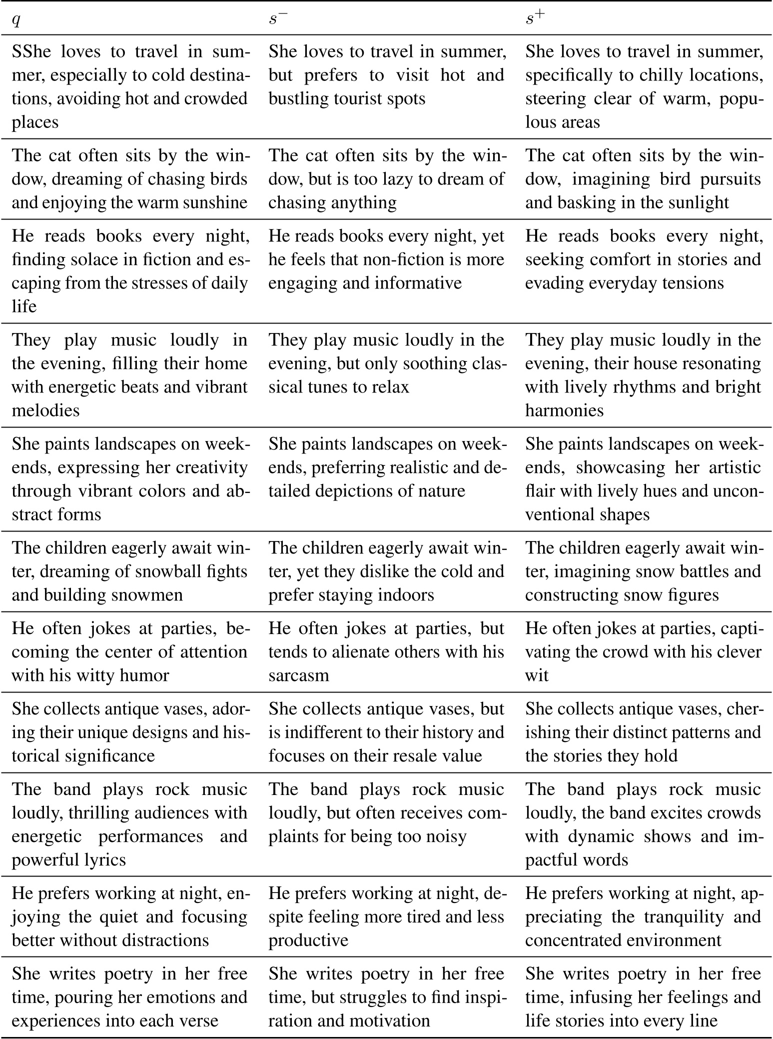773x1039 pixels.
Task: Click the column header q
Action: [16, 20]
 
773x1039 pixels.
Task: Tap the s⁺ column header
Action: [535, 18]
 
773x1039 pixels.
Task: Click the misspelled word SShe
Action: [31, 51]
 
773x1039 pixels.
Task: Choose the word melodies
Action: [45, 410]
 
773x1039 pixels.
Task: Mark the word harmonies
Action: [564, 410]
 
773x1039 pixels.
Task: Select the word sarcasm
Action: [299, 675]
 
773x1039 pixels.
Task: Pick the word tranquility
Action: [686, 916]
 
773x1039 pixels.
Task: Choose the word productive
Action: [308, 940]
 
